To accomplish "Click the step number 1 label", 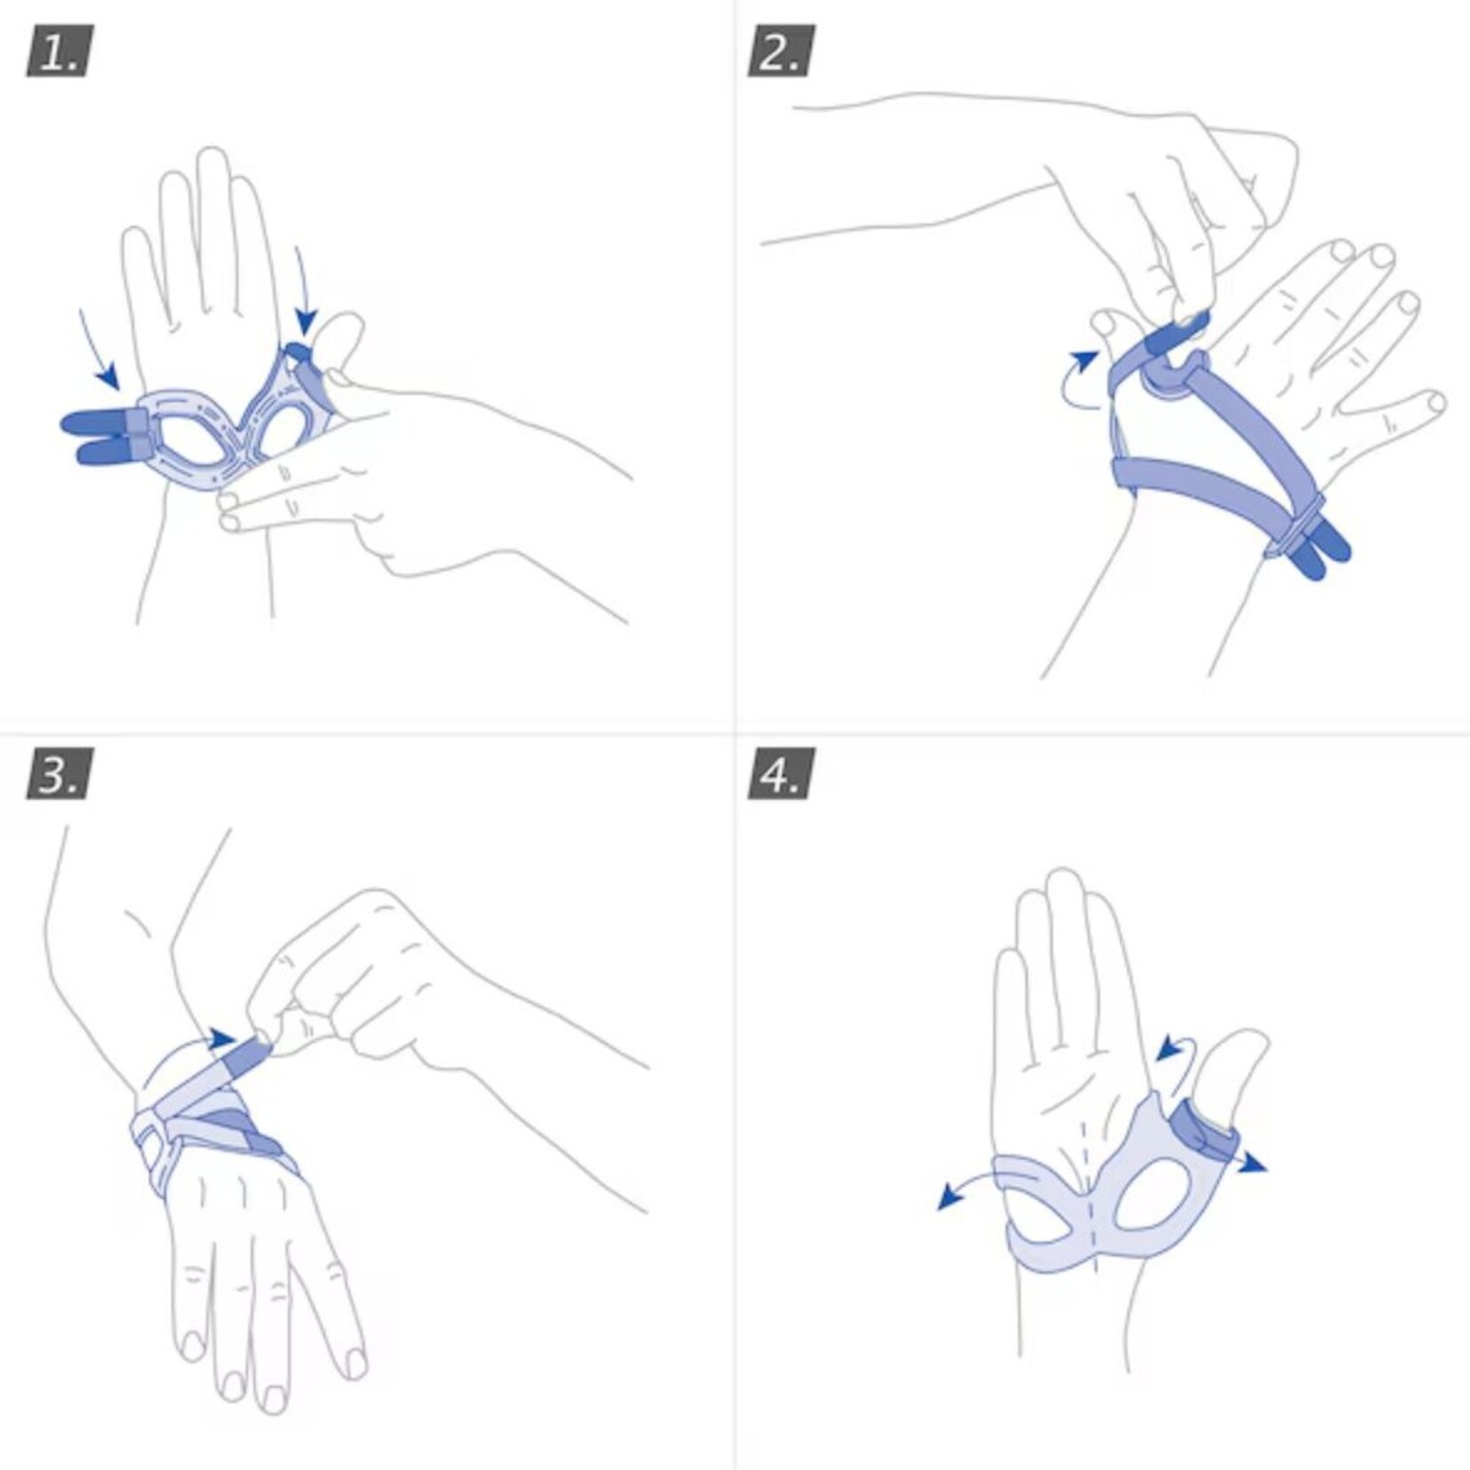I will (x=60, y=52).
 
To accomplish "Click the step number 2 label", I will (x=780, y=52).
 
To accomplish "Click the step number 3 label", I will (x=60, y=774).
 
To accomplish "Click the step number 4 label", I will (x=780, y=774).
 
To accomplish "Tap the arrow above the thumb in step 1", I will (x=304, y=294).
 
